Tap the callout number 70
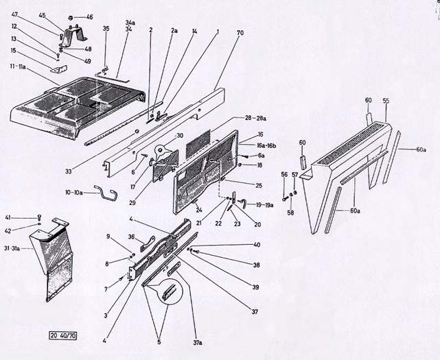pyautogui.click(x=240, y=32)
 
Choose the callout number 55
pyautogui.click(x=386, y=100)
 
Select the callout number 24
pyautogui.click(x=199, y=211)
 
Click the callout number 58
pyautogui.click(x=290, y=213)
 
